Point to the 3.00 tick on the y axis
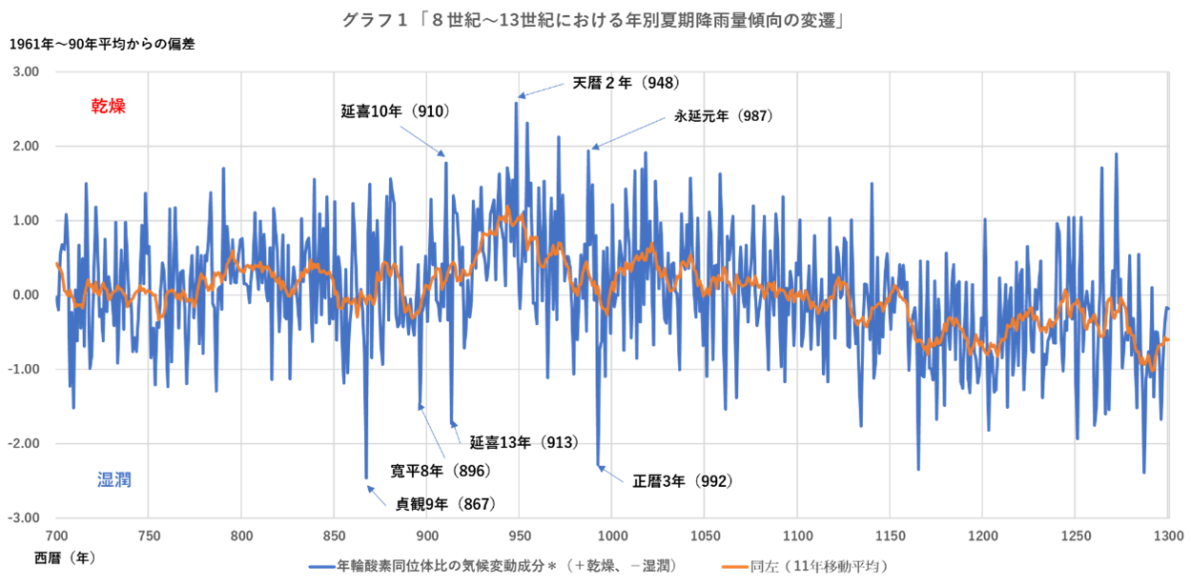[x=27, y=71]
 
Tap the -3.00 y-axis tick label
[x=25, y=517]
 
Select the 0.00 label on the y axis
[x=27, y=294]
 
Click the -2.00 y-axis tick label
[x=25, y=443]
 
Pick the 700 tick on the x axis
[x=56, y=535]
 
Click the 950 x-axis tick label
[x=520, y=535]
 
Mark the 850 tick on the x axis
[x=335, y=535]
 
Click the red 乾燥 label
[x=109, y=106]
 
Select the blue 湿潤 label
[x=114, y=479]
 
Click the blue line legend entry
[x=492, y=566]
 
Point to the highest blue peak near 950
[x=516, y=102]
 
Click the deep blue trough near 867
[x=366, y=476]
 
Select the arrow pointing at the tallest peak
[x=541, y=91]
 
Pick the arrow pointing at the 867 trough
[x=377, y=496]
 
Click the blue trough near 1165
[x=918, y=468]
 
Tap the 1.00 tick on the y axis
[x=27, y=220]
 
